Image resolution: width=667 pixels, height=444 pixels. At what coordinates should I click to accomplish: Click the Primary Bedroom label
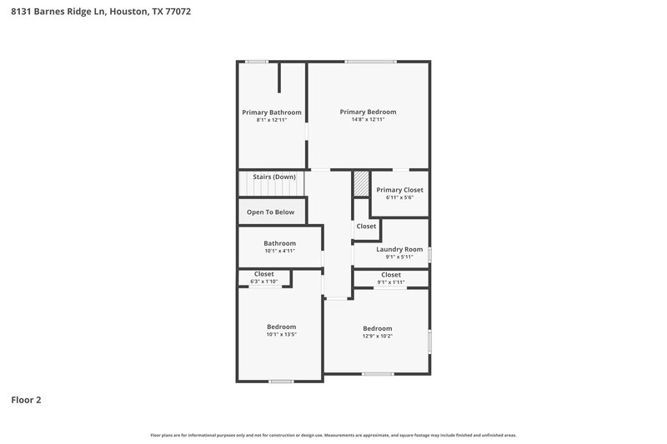coord(368,112)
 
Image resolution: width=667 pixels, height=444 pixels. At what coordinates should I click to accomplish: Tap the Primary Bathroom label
coord(272,112)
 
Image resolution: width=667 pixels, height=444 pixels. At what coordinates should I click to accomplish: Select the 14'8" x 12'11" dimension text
coord(368,120)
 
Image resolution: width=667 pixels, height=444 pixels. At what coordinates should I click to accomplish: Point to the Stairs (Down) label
coord(274,177)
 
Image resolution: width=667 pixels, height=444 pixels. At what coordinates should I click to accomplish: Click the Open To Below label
coord(270,212)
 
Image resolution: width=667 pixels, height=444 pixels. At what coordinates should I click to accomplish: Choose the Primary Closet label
coord(399,190)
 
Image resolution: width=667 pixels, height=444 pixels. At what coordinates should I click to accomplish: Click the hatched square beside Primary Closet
coord(361,184)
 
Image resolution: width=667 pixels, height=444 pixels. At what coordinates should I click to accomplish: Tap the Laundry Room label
coord(399,249)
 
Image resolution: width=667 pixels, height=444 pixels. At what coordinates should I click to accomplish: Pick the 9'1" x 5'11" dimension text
coord(399,257)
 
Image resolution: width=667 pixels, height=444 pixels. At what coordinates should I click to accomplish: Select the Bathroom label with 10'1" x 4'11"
coord(280,243)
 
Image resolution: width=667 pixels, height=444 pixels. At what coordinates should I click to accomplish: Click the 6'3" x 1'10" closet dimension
coord(264,282)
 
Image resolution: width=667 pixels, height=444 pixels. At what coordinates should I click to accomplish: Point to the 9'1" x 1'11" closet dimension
coord(391,282)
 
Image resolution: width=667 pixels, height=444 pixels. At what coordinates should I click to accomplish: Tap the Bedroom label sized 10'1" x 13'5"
coord(281,327)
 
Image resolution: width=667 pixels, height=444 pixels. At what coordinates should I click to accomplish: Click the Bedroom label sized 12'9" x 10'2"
coord(377,328)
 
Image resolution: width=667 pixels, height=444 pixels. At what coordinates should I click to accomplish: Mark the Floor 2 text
coord(26,400)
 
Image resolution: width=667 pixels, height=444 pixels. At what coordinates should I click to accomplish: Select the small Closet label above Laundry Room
coord(366,227)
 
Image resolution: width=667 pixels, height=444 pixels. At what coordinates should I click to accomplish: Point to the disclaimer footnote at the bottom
coord(333,436)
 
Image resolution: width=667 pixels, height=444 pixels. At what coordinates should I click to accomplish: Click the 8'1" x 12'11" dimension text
coord(272,120)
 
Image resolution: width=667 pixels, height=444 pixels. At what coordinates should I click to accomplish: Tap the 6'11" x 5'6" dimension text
coord(399,197)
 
